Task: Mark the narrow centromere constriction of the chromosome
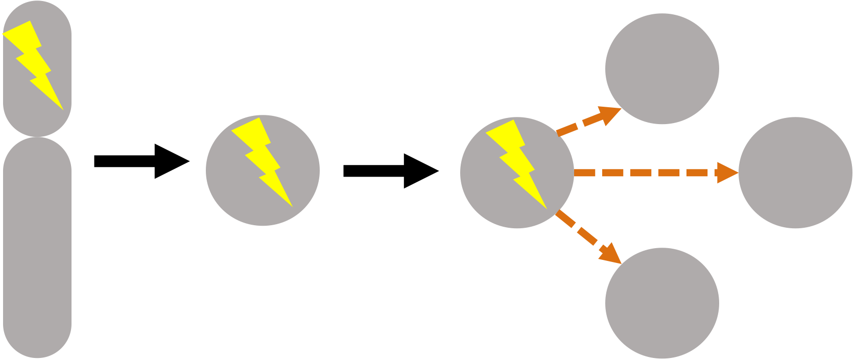pyautogui.click(x=37, y=137)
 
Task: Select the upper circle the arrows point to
pyautogui.click(x=662, y=68)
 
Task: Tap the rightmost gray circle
pyautogui.click(x=795, y=173)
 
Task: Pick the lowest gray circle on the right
pyautogui.click(x=662, y=303)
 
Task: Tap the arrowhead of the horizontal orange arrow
pyautogui.click(x=727, y=173)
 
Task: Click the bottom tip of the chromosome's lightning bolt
pyautogui.click(x=62, y=108)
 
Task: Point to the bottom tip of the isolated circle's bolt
pyautogui.click(x=292, y=205)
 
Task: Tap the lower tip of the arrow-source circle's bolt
pyautogui.click(x=546, y=207)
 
